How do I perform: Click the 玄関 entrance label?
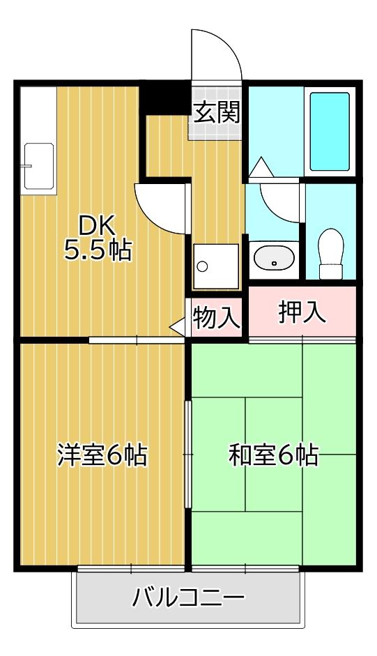(217, 112)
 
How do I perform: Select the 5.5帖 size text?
(98, 250)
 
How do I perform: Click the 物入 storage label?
(217, 318)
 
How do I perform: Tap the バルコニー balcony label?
(189, 597)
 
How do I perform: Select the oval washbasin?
(274, 258)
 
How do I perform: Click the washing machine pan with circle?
(215, 266)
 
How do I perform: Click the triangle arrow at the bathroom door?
(261, 168)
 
